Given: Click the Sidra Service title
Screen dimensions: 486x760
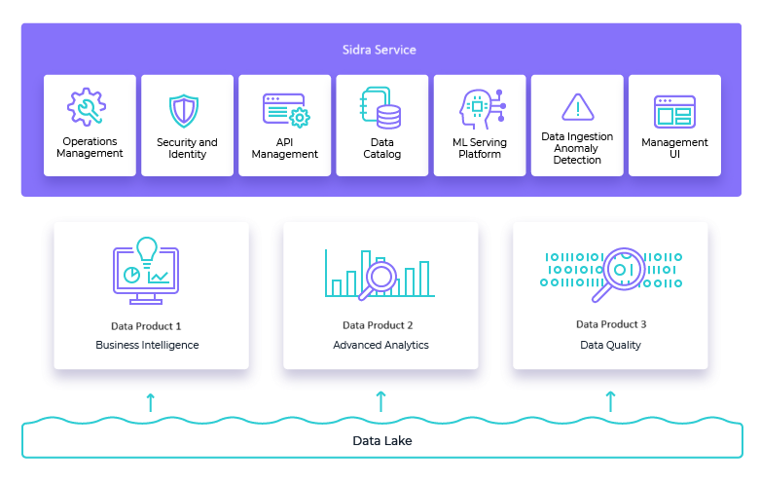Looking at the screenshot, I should coord(380,50).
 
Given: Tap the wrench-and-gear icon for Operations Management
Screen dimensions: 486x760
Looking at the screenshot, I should coord(87,107).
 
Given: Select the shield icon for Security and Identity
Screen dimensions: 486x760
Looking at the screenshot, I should coord(184,110).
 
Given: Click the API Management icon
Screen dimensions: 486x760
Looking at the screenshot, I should coord(285,110).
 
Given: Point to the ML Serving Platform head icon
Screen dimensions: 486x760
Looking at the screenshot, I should coord(479,108).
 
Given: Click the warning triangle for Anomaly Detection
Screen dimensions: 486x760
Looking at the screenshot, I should coord(577,107).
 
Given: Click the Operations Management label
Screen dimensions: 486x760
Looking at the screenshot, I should coord(90,147).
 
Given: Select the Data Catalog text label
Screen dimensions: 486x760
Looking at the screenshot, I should coord(382,148).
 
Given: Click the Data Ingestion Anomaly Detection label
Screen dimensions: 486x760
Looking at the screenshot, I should coord(577,148).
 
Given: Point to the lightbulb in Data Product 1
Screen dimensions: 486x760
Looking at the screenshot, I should coord(147,251).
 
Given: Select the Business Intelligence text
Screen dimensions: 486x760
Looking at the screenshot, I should coord(147,345).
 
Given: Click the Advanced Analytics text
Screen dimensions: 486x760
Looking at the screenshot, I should coord(380,345).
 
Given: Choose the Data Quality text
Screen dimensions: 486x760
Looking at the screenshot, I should coord(610,345).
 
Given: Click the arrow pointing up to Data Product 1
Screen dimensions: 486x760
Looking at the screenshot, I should coord(150,401).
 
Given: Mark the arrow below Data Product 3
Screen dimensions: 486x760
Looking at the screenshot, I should coord(611,401).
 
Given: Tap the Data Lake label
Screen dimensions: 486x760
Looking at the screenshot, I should coord(380,441).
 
